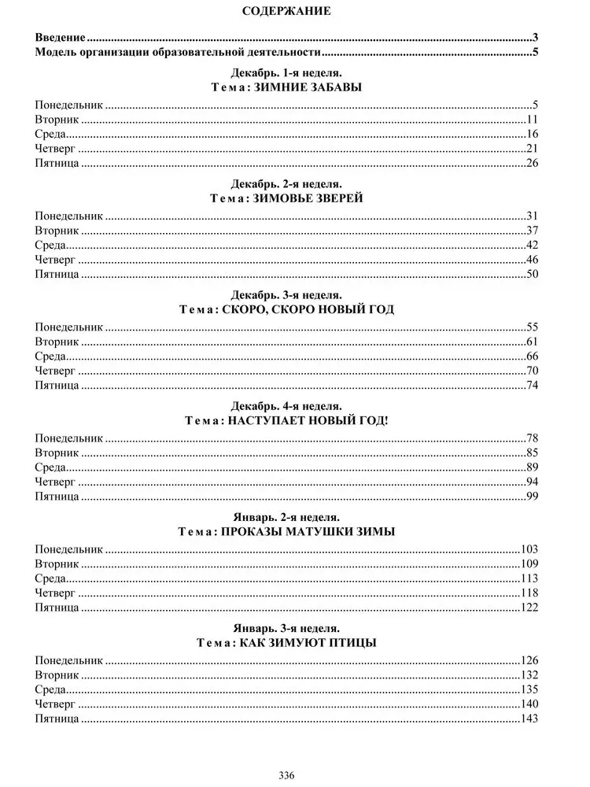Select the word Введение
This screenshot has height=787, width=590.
pyautogui.click(x=61, y=38)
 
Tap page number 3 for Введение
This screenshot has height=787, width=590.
pyautogui.click(x=535, y=38)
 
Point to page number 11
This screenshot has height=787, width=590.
pyautogui.click(x=532, y=119)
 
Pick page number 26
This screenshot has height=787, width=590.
pyautogui.click(x=532, y=164)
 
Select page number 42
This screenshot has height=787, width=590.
pyautogui.click(x=532, y=245)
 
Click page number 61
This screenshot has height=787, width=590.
pyautogui.click(x=532, y=342)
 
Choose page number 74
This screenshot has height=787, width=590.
pyautogui.click(x=532, y=386)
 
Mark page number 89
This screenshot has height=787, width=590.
pyautogui.click(x=532, y=467)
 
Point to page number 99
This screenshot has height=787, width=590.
pyautogui.click(x=532, y=496)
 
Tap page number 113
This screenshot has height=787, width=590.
pyautogui.click(x=529, y=578)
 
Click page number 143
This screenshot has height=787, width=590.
pyautogui.click(x=529, y=719)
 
